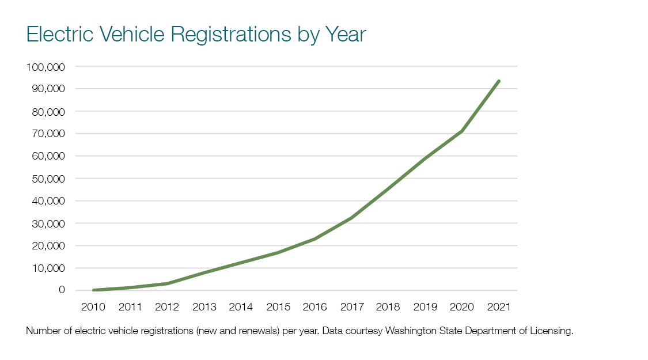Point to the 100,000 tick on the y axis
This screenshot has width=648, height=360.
click(x=46, y=67)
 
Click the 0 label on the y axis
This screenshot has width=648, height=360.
click(x=62, y=290)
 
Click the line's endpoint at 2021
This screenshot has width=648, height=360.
click(x=499, y=81)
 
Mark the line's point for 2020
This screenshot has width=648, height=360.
click(x=462, y=131)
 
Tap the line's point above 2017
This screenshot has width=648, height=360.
click(x=351, y=218)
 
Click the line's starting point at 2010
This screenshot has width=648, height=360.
click(x=93, y=290)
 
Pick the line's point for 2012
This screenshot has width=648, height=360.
click(x=167, y=283)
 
